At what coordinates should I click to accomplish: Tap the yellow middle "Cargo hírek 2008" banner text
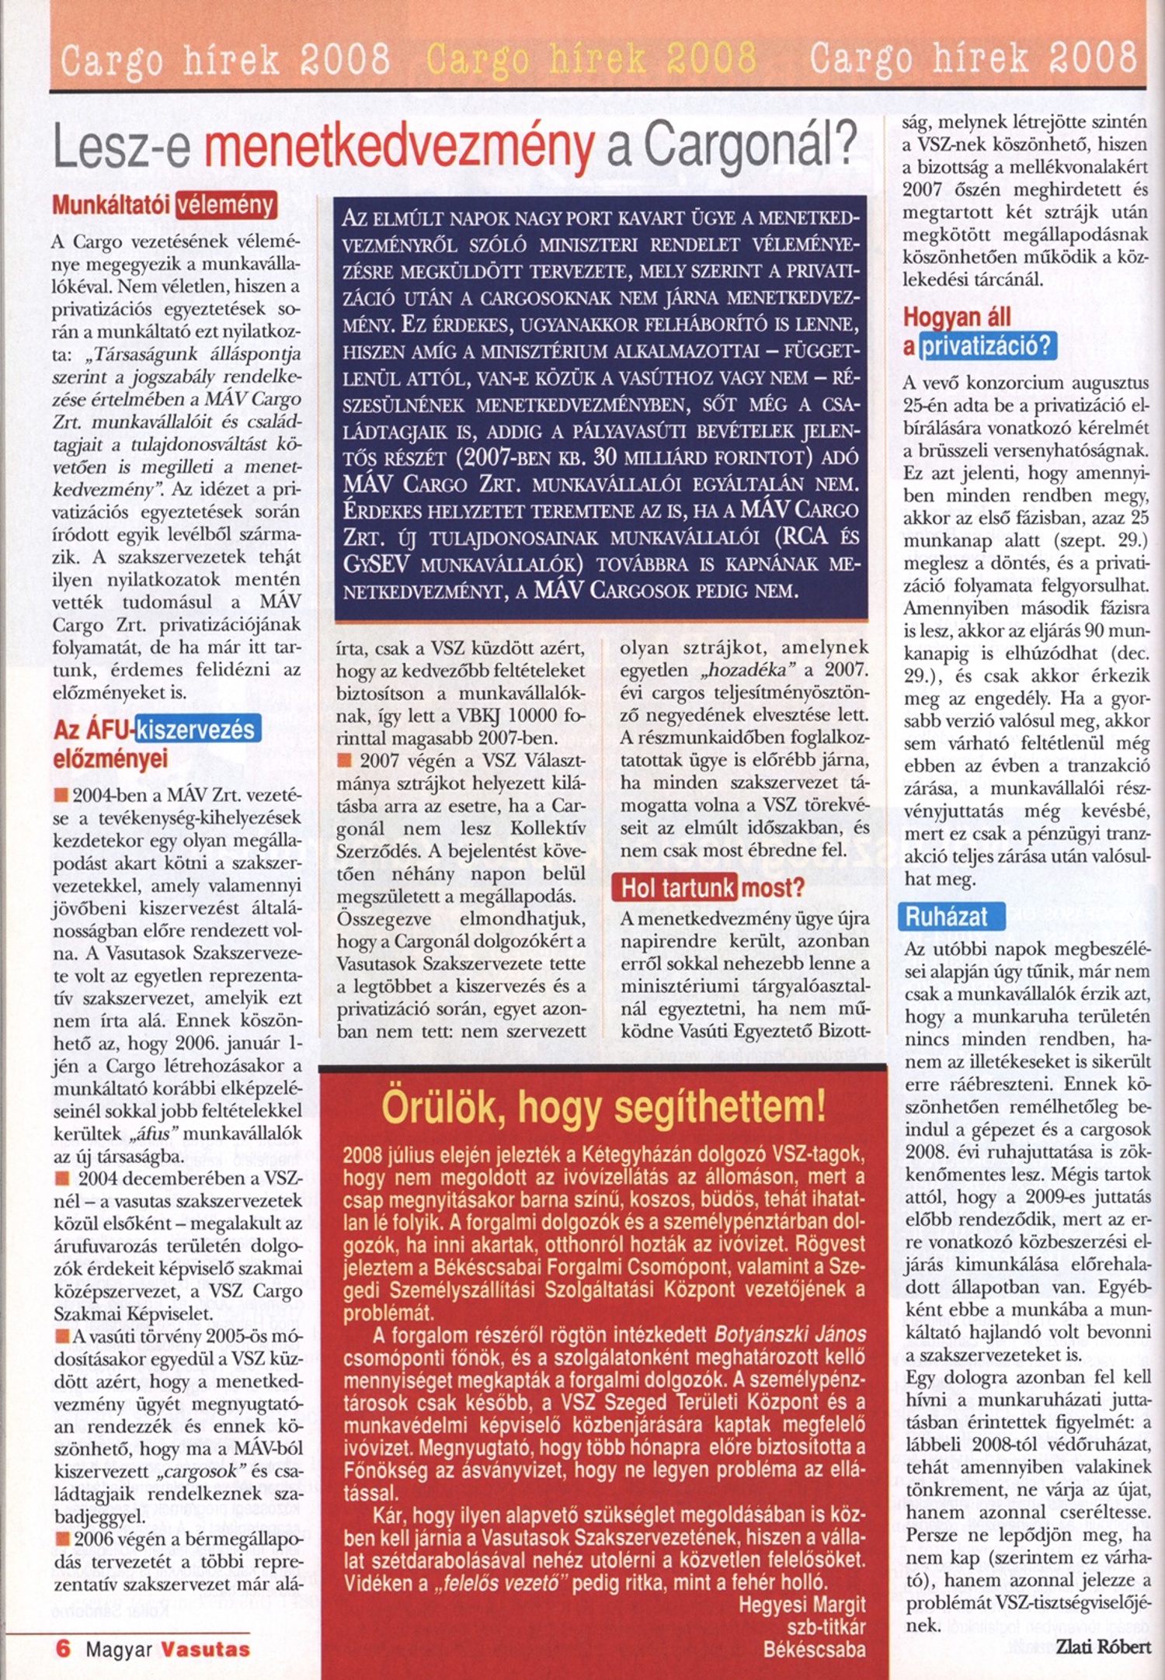591,58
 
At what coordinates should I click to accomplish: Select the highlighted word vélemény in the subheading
226,205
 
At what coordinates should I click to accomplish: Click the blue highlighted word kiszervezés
197,730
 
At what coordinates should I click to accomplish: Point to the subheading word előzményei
110,758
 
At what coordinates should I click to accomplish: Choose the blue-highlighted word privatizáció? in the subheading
987,345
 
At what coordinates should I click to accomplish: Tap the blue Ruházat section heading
951,916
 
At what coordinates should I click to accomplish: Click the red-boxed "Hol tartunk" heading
674,887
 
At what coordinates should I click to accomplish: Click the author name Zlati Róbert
1103,1646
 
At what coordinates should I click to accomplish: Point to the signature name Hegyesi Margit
802,1605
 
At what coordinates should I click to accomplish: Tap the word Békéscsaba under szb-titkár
814,1650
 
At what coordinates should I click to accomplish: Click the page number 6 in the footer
63,1648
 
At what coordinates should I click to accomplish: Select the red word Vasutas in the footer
206,1649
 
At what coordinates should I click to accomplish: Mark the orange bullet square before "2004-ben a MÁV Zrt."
61,795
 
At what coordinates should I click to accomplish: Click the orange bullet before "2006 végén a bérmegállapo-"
61,1539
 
